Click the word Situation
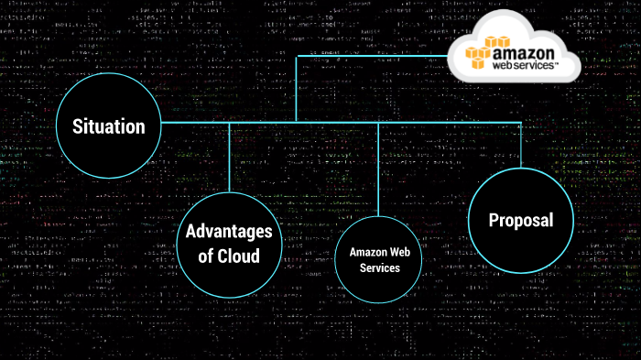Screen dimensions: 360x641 pyautogui.click(x=109, y=127)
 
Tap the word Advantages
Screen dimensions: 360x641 pyautogui.click(x=229, y=231)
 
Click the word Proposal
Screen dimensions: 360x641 pyautogui.click(x=519, y=220)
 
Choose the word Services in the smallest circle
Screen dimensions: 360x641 pyautogui.click(x=380, y=267)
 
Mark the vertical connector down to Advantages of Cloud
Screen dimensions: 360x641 pyautogui.click(x=229, y=156)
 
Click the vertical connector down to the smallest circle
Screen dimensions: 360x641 pyautogui.click(x=379, y=169)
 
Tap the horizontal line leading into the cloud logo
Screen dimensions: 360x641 pyautogui.click(x=366, y=57)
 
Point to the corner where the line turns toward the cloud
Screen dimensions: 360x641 pyautogui.click(x=296, y=57)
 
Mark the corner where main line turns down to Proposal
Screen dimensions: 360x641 pyautogui.click(x=520, y=121)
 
